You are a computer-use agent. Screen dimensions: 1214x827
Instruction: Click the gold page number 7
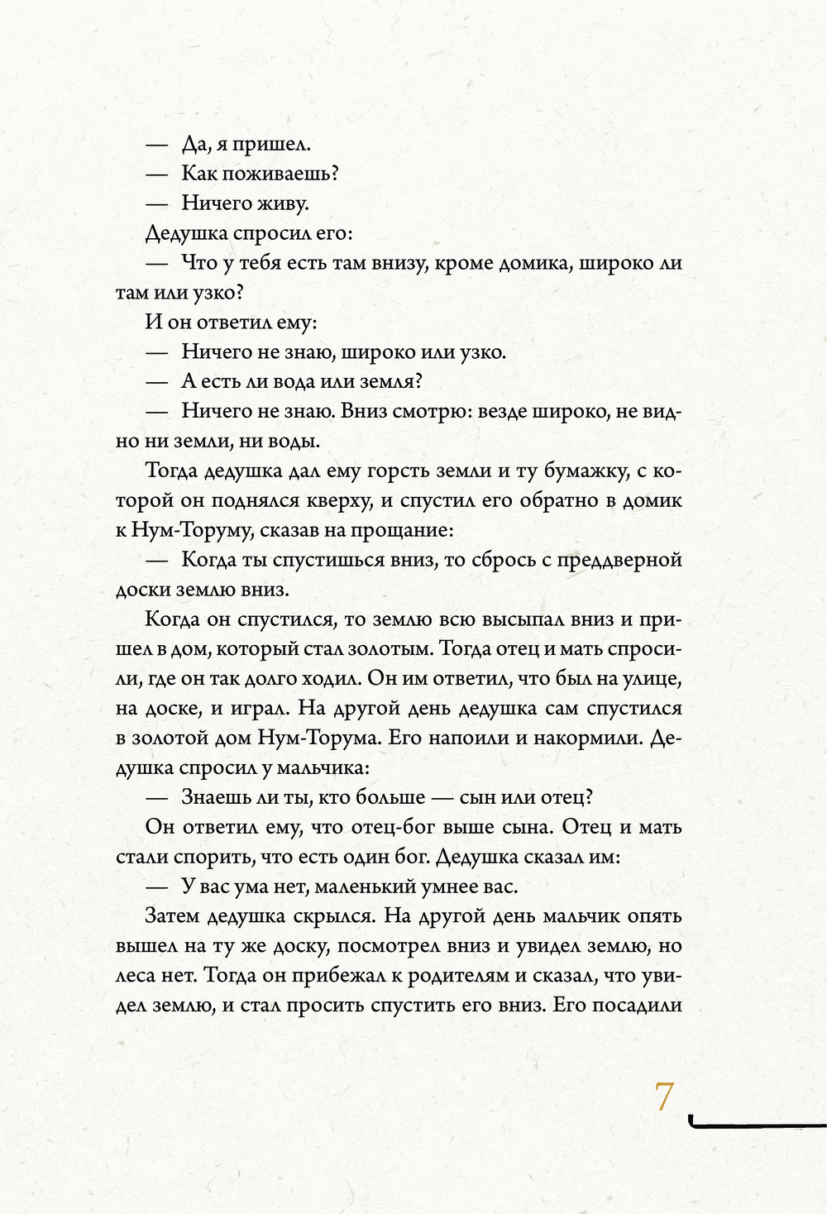pyautogui.click(x=664, y=1097)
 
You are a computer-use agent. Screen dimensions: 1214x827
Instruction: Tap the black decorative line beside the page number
pyautogui.click(x=756, y=1123)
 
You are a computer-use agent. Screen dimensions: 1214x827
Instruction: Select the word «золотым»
pyautogui.click(x=390, y=649)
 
